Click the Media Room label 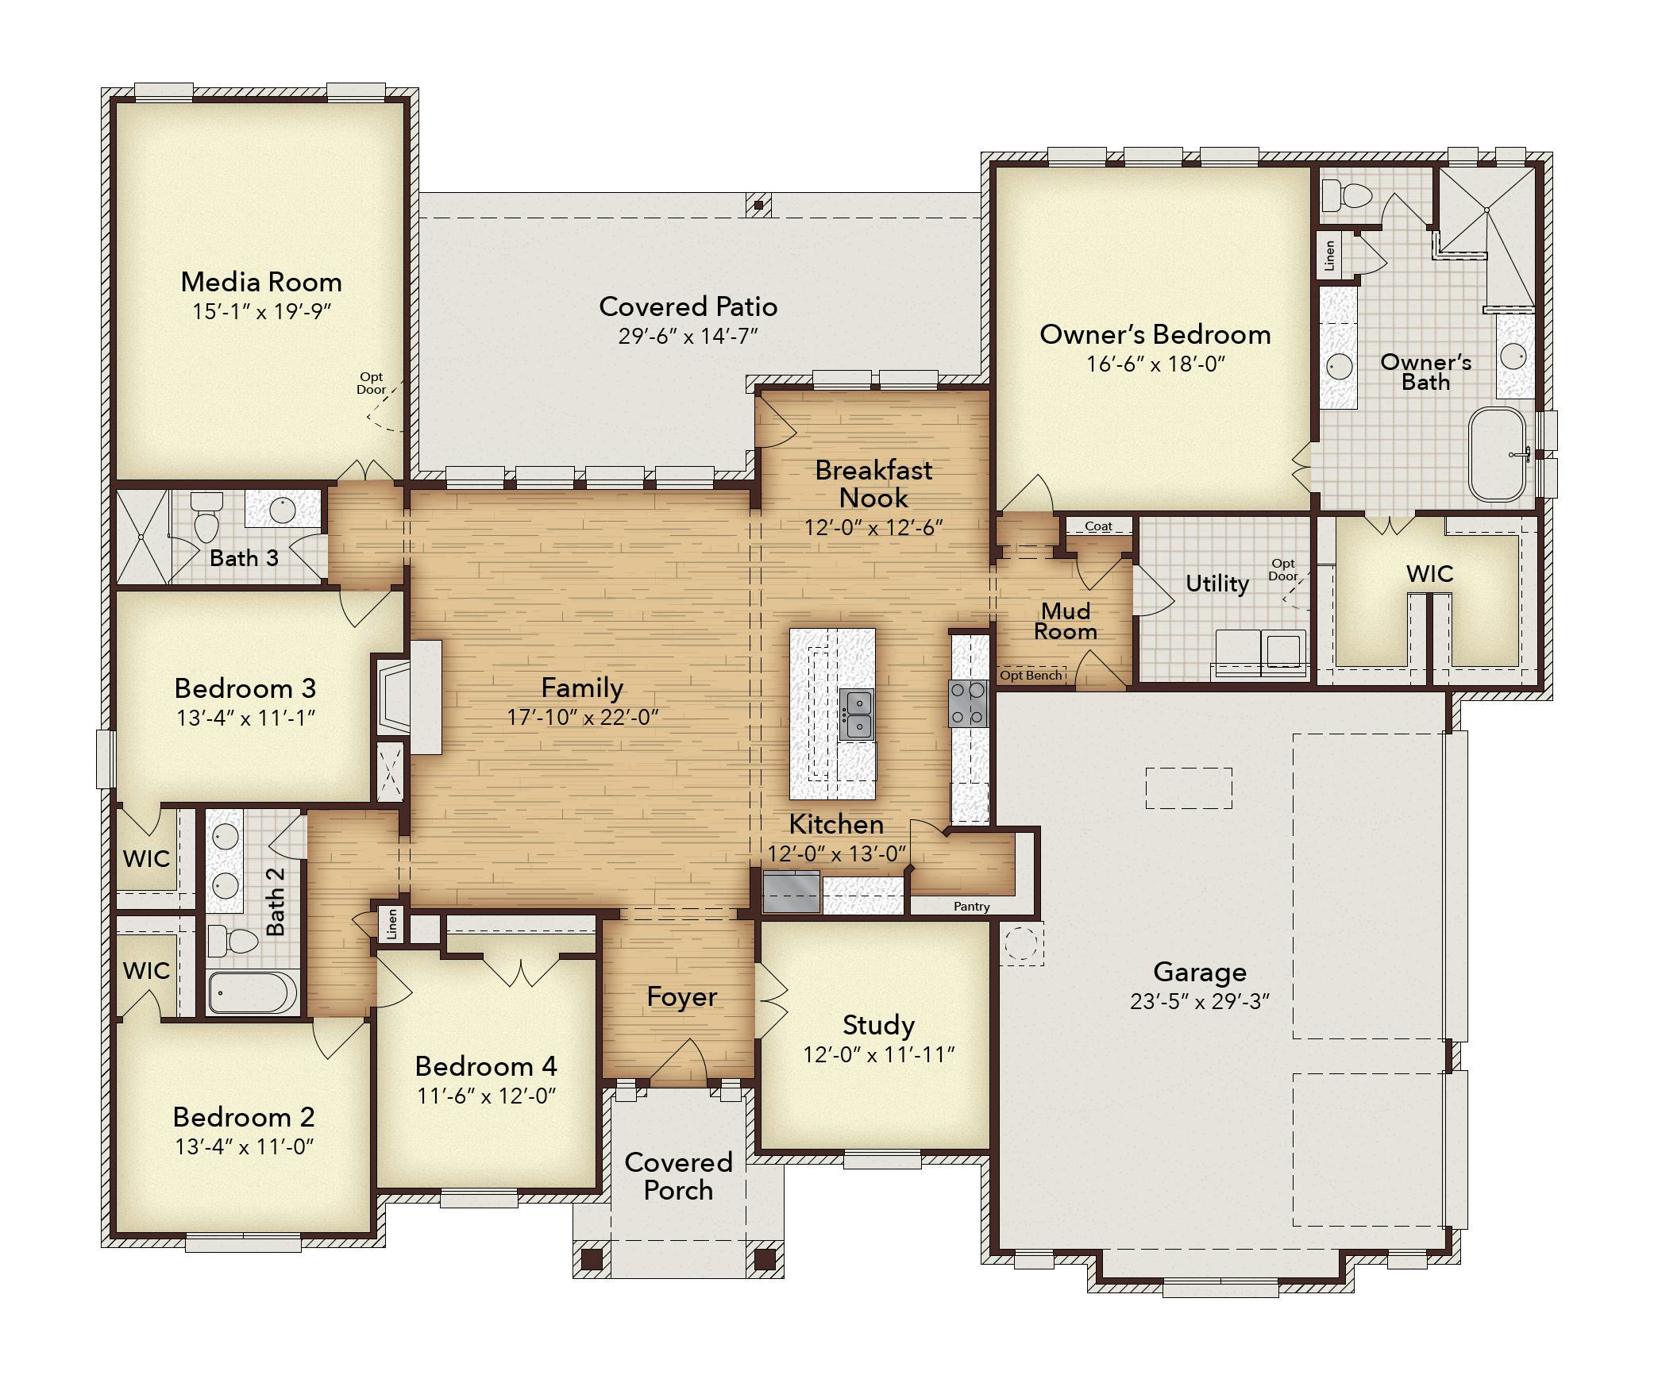click(261, 282)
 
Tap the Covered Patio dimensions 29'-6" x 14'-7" click(688, 336)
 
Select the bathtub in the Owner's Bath click(1498, 454)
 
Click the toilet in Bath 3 click(207, 515)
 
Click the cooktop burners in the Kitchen click(968, 703)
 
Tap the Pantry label click(972, 906)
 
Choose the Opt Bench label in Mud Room click(1031, 675)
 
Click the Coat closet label click(1098, 526)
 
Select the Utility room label click(1217, 584)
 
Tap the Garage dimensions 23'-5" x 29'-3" click(1200, 1002)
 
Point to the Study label click(878, 1025)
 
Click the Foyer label click(681, 997)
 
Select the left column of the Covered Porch click(592, 1258)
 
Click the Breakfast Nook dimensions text click(873, 528)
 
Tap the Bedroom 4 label click(486, 1065)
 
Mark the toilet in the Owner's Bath click(1347, 193)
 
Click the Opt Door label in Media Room click(372, 383)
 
